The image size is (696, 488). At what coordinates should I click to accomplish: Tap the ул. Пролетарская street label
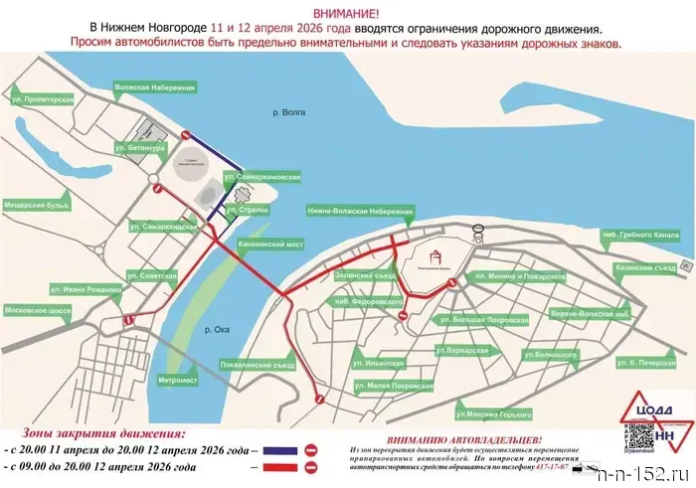click(x=43, y=100)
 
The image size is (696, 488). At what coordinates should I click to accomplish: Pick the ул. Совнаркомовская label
click(x=262, y=177)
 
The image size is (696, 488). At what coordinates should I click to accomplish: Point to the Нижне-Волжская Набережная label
click(x=359, y=210)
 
